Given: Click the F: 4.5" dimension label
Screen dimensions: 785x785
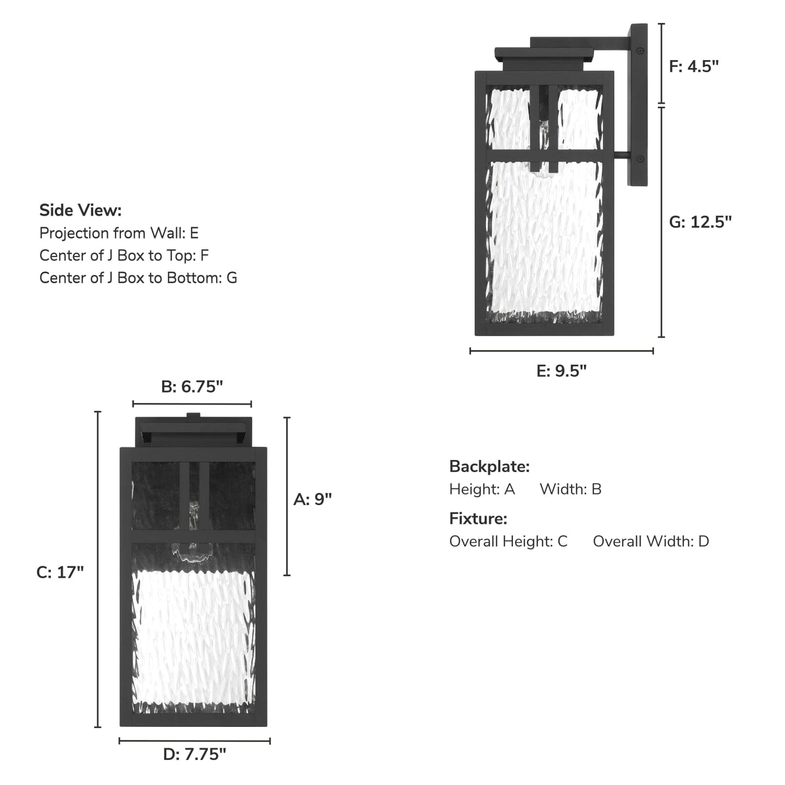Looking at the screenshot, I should tap(694, 66).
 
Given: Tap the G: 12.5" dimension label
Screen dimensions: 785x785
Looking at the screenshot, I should tap(700, 222).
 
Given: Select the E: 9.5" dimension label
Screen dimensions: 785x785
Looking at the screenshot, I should tap(562, 370).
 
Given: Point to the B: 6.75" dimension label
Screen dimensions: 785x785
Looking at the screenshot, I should tap(192, 387).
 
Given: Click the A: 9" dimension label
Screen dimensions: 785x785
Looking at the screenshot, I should tap(312, 499).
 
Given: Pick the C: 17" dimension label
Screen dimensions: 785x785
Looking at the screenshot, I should tap(60, 572).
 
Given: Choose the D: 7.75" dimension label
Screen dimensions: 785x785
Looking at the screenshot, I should tap(194, 754).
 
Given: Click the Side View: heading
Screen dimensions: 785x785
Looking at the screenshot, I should tap(80, 210).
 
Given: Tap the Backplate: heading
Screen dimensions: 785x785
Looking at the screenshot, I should tap(489, 467).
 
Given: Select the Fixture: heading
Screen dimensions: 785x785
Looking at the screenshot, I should tap(478, 519).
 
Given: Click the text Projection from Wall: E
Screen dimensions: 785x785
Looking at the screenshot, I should tap(119, 233).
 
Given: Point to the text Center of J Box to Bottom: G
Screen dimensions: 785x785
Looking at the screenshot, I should tap(138, 278).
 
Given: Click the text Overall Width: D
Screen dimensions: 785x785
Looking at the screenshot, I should tap(651, 541).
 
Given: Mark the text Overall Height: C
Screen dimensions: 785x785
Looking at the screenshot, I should tap(508, 541).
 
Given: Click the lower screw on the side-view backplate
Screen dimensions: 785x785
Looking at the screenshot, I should tap(640, 159).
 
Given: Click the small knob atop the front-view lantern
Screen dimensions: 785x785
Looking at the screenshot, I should tap(193, 416).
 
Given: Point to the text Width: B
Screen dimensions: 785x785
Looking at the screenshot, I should tap(570, 489).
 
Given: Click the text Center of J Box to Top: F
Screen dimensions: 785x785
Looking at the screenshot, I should tap(124, 255).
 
